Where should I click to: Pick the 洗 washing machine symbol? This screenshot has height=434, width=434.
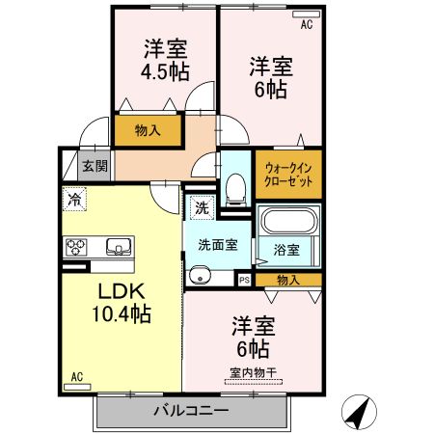[x=201, y=206]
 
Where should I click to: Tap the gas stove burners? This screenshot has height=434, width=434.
[x=76, y=247]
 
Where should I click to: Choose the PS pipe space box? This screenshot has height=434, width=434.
[x=244, y=280]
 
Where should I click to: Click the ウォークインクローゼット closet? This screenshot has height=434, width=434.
[x=287, y=172]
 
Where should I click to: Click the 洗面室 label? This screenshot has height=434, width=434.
[x=218, y=244]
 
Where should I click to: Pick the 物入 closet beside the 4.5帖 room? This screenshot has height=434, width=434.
[x=148, y=128]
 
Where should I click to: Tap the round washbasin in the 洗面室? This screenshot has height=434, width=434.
[x=201, y=278]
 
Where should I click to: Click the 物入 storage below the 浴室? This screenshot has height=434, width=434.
[x=287, y=280]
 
